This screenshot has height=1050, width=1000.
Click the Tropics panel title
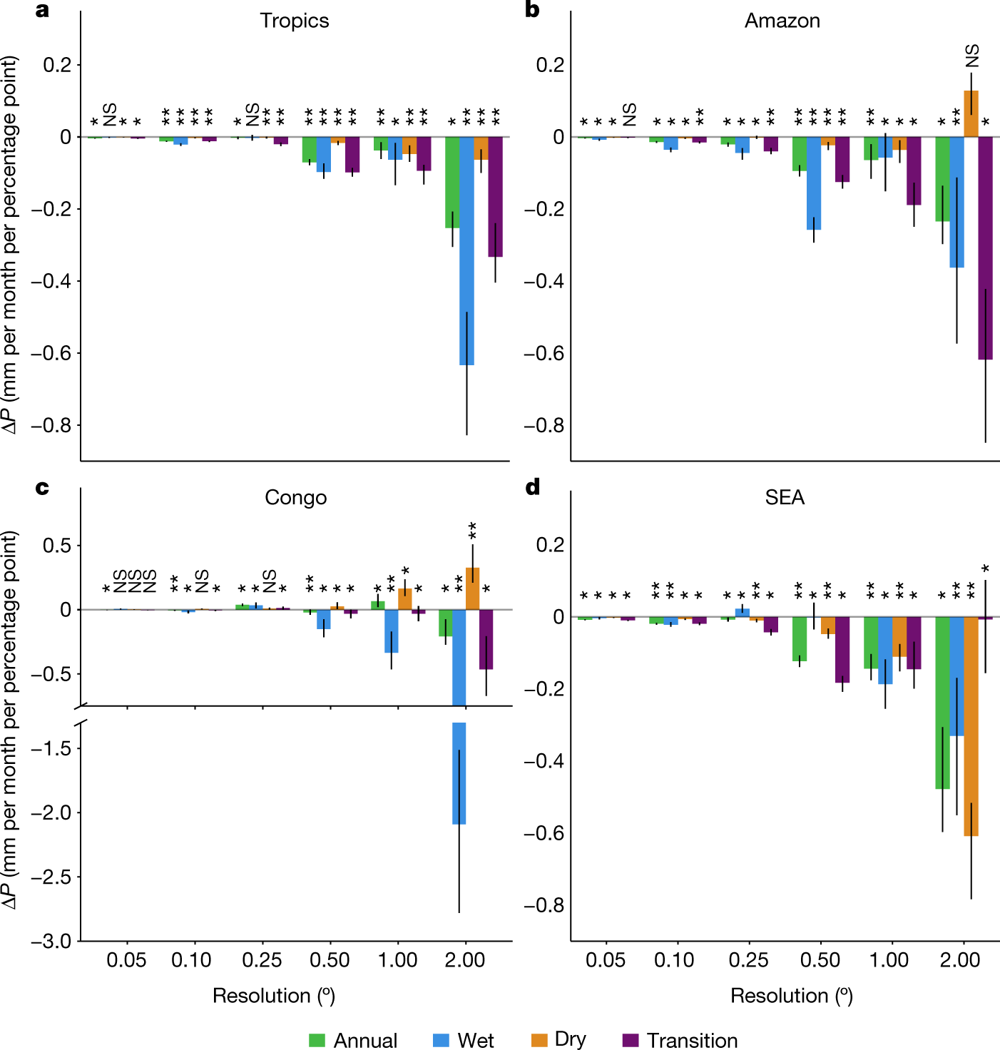[294, 21]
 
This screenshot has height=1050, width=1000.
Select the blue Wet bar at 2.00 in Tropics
[466, 250]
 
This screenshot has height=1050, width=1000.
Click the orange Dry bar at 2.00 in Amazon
[971, 114]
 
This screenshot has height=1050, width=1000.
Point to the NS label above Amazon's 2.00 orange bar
[972, 56]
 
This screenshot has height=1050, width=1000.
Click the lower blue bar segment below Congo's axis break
[459, 773]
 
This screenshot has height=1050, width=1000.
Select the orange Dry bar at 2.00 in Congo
[472, 588]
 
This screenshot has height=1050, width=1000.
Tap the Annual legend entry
[353, 1040]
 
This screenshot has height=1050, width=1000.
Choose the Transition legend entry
[680, 1040]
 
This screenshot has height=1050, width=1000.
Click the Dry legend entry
[558, 1040]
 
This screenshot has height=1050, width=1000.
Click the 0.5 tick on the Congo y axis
[57, 546]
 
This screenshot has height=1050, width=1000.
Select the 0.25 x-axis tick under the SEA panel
[748, 960]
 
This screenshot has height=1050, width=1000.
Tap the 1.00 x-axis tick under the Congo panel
[397, 960]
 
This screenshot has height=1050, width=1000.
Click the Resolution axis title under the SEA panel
[791, 996]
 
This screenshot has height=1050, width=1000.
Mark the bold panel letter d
[533, 487]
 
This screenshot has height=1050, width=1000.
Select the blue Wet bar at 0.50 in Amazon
[814, 183]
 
